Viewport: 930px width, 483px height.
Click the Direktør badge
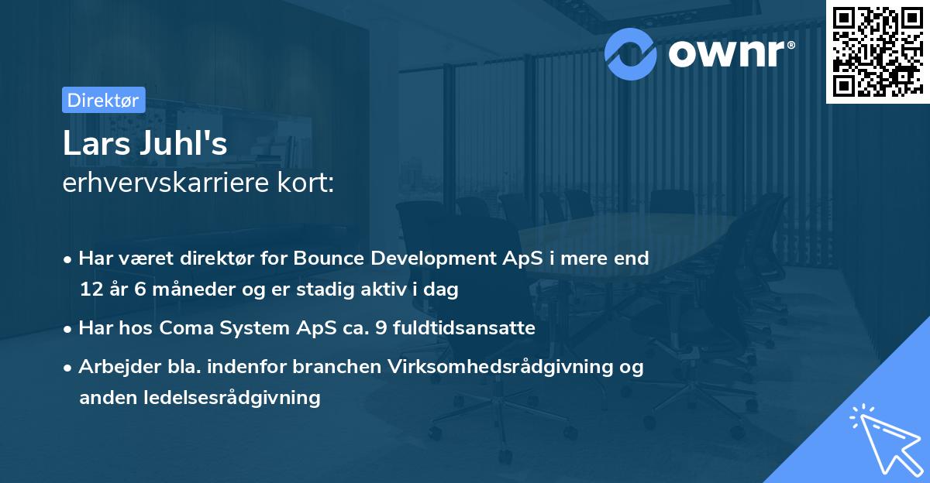(x=103, y=100)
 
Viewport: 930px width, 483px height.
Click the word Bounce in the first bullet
(x=325, y=259)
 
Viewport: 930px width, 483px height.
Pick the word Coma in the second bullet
(x=186, y=328)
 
